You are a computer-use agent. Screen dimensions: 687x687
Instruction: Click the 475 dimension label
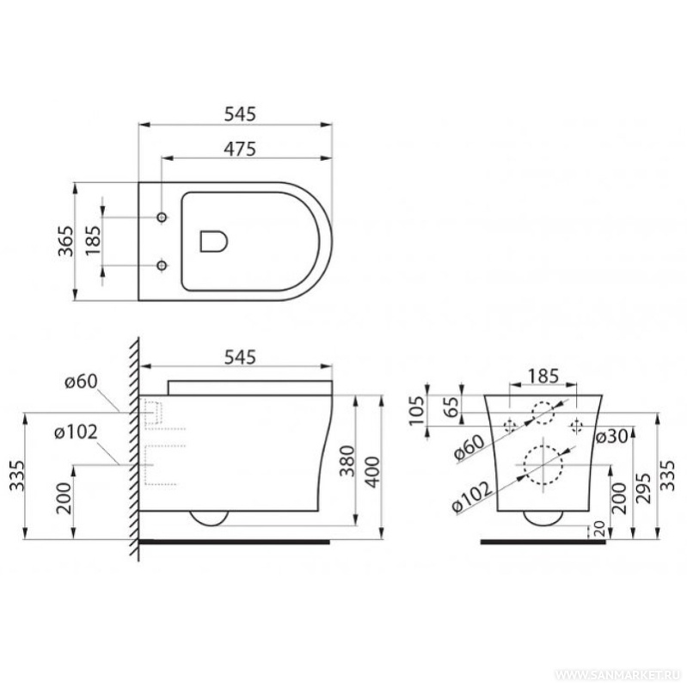240,149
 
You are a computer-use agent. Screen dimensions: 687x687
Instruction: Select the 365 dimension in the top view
66,241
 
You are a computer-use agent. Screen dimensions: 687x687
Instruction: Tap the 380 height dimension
347,461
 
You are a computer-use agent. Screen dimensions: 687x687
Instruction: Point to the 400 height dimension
372,471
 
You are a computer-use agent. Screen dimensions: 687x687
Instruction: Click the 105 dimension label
417,410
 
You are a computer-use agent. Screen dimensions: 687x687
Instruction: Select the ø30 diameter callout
611,437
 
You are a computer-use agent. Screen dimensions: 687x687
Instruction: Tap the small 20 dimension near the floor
599,529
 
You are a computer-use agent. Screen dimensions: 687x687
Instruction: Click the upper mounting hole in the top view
163,217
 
